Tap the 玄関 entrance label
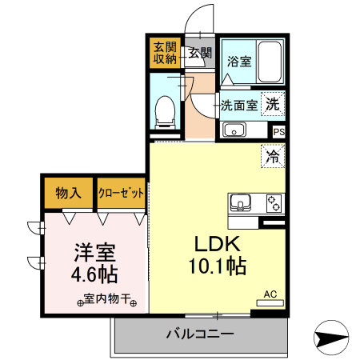pyautogui.click(x=200, y=54)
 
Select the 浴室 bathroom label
pyautogui.click(x=238, y=61)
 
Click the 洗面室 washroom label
pyautogui.click(x=238, y=104)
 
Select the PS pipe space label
pyautogui.click(x=278, y=132)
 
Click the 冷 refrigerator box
pyautogui.click(x=273, y=156)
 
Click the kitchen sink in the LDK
pyautogui.click(x=242, y=202)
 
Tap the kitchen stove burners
pyautogui.click(x=274, y=202)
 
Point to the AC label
pyautogui.click(x=270, y=294)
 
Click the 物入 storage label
pyautogui.click(x=69, y=193)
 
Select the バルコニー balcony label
pyautogui.click(x=200, y=333)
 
